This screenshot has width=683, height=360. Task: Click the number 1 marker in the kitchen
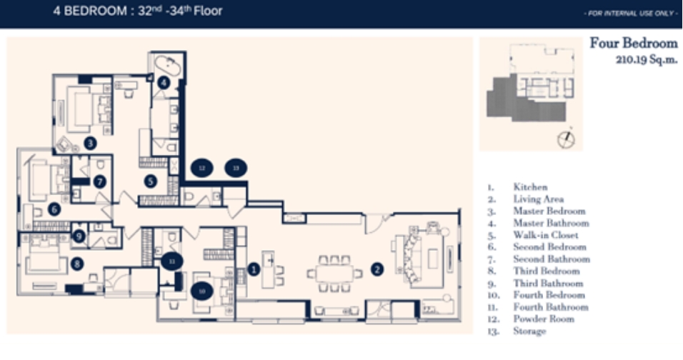click(x=253, y=269)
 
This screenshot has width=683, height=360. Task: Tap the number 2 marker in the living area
click(x=377, y=269)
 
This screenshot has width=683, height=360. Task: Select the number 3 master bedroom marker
click(x=89, y=143)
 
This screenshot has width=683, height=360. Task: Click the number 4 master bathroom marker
click(x=164, y=82)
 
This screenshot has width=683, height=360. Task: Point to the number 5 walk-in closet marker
click(x=150, y=181)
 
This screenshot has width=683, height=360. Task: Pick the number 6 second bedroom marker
click(x=54, y=209)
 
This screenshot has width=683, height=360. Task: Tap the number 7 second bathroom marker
click(x=100, y=181)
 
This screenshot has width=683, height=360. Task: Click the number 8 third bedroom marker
click(x=76, y=264)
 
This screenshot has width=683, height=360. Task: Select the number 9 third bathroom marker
click(x=79, y=234)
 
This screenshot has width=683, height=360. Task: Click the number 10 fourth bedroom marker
click(x=202, y=291)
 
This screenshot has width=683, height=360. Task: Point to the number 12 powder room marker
click(x=202, y=168)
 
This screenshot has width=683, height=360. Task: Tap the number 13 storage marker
click(x=235, y=168)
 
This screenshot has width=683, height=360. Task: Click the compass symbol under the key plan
click(x=566, y=138)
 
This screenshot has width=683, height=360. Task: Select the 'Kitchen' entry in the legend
click(x=530, y=187)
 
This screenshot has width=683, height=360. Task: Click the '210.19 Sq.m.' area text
click(x=646, y=60)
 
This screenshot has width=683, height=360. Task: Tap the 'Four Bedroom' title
click(x=633, y=44)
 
